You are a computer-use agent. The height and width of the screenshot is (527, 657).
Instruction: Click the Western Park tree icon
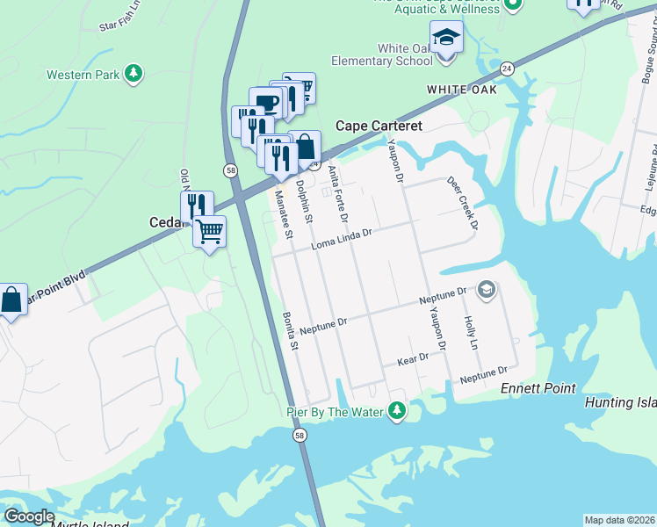point(134,74)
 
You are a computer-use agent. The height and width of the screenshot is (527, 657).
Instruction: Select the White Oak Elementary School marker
point(446,40)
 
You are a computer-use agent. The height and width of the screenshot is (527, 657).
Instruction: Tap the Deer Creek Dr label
point(462,203)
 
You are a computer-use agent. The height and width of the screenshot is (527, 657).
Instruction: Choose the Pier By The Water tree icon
point(398,410)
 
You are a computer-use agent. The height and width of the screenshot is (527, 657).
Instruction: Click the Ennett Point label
point(538,388)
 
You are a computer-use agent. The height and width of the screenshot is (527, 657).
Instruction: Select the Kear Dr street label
point(412,358)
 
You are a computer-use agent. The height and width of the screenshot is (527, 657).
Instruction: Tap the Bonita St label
point(291,332)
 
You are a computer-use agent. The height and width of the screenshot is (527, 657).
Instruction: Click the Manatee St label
point(284,214)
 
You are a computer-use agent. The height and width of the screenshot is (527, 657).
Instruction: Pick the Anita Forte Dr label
point(338,193)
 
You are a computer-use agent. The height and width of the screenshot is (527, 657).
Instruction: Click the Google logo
point(28,516)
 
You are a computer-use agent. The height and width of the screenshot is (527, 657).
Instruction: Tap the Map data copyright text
point(619,520)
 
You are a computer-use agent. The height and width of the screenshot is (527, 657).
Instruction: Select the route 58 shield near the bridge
point(300,435)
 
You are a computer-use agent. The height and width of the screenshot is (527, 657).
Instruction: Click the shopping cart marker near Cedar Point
point(210,233)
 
